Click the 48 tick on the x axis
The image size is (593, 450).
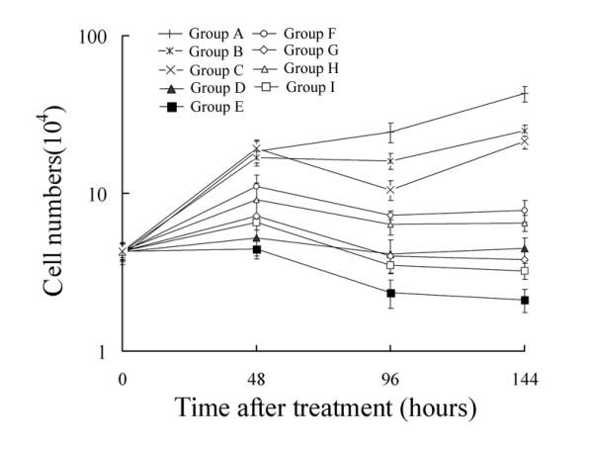click(256, 377)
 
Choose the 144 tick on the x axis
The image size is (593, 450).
click(524, 377)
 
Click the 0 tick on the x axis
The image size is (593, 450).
click(123, 377)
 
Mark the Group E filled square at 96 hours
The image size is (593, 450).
click(390, 293)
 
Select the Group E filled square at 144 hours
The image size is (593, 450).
click(525, 300)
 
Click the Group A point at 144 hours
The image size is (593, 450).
click(525, 94)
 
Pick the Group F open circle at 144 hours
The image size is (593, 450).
click(525, 211)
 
